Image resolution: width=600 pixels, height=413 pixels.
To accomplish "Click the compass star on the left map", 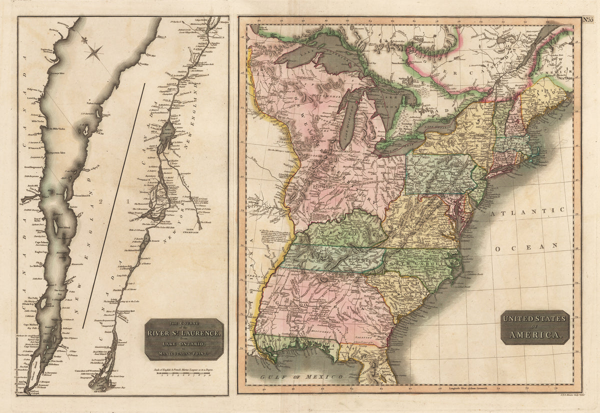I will (94, 51).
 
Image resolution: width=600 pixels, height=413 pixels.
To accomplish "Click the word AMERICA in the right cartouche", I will (535, 334).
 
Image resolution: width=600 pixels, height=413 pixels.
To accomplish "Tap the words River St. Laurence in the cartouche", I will (184, 333).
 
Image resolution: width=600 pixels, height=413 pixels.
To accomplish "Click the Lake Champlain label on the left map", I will (193, 232).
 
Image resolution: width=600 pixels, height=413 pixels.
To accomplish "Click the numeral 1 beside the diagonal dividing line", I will (128, 201).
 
